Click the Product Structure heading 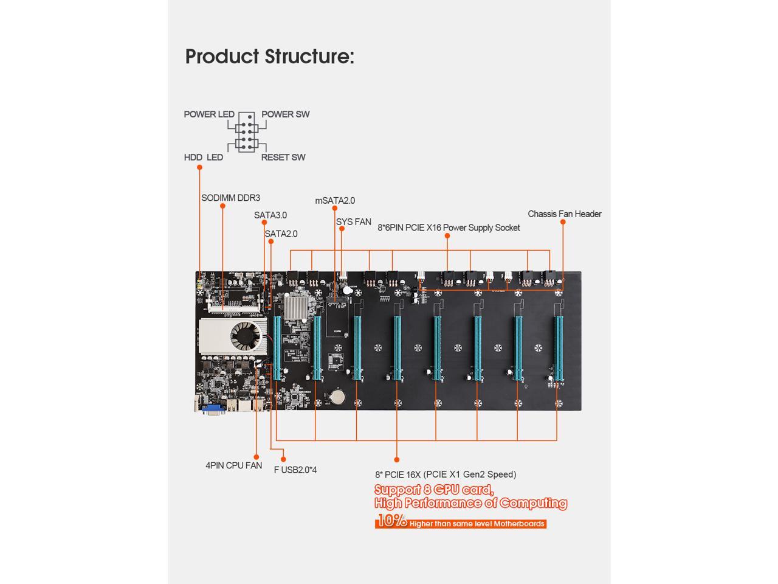269,57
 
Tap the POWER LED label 209,114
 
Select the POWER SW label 285,114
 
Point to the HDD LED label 204,158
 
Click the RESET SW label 283,158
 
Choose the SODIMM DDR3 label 230,198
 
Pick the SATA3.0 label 270,215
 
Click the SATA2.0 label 281,234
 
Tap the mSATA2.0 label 335,201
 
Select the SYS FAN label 353,222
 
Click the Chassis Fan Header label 564,214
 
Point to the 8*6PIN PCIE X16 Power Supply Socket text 449,228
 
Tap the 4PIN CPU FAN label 233,465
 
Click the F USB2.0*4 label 295,470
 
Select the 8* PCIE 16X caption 445,474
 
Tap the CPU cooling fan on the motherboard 247,335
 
